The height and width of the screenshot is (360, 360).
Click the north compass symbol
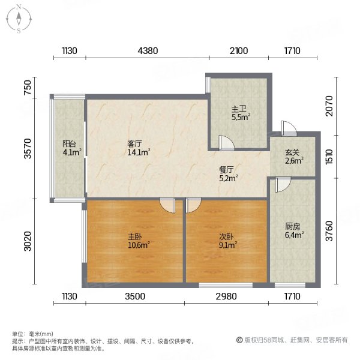tap(20, 18)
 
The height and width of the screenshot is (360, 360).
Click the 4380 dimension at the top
tap(148, 51)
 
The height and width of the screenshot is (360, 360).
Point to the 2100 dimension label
tap(238, 51)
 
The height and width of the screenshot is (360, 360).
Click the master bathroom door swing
tap(227, 142)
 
